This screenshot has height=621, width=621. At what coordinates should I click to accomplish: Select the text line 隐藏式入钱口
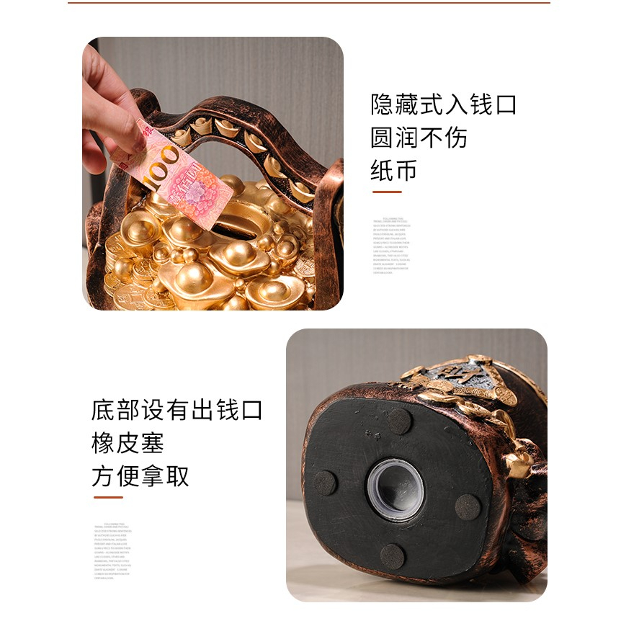click(444, 104)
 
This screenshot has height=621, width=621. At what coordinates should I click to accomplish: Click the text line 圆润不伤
click(419, 137)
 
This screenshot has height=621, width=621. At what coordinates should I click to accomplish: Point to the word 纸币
click(394, 171)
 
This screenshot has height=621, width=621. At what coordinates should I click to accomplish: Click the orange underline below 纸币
click(386, 192)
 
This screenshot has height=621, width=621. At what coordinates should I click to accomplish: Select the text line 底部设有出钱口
click(177, 410)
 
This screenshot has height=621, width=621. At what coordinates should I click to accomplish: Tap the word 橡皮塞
click(128, 443)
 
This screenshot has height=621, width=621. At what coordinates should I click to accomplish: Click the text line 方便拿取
click(140, 475)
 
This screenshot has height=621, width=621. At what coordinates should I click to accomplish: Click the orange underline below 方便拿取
click(107, 497)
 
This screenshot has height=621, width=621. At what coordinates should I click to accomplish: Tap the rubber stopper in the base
click(396, 489)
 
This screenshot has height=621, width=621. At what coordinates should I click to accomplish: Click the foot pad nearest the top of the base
click(399, 421)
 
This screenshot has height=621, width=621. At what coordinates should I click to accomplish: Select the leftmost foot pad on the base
click(324, 483)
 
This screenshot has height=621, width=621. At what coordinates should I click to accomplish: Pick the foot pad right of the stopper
click(468, 506)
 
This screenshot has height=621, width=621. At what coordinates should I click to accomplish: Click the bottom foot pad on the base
click(392, 556)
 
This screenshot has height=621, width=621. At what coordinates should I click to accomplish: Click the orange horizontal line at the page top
click(310, 2)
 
